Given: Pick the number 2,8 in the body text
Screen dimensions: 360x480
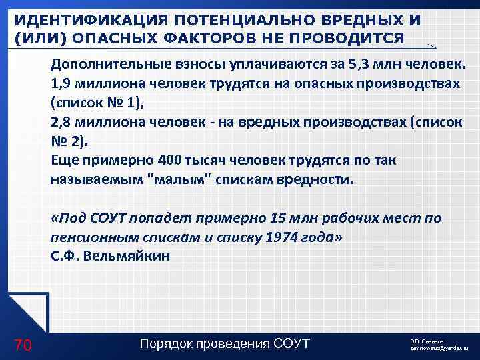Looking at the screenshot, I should pyautogui.click(x=61, y=123).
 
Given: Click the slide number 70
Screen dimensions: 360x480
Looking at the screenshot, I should pyautogui.click(x=23, y=345).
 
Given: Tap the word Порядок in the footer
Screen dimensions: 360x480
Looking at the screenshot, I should pyautogui.click(x=171, y=343).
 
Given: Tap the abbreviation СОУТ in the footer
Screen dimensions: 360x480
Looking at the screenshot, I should pyautogui.click(x=293, y=343).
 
